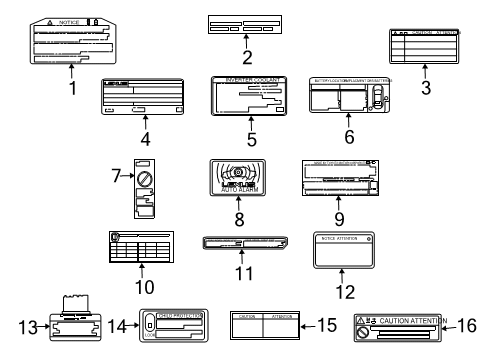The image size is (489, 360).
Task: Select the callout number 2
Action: (x=246, y=57)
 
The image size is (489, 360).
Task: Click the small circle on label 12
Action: (x=369, y=239)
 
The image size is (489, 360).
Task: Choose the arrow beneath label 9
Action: (x=341, y=200)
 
